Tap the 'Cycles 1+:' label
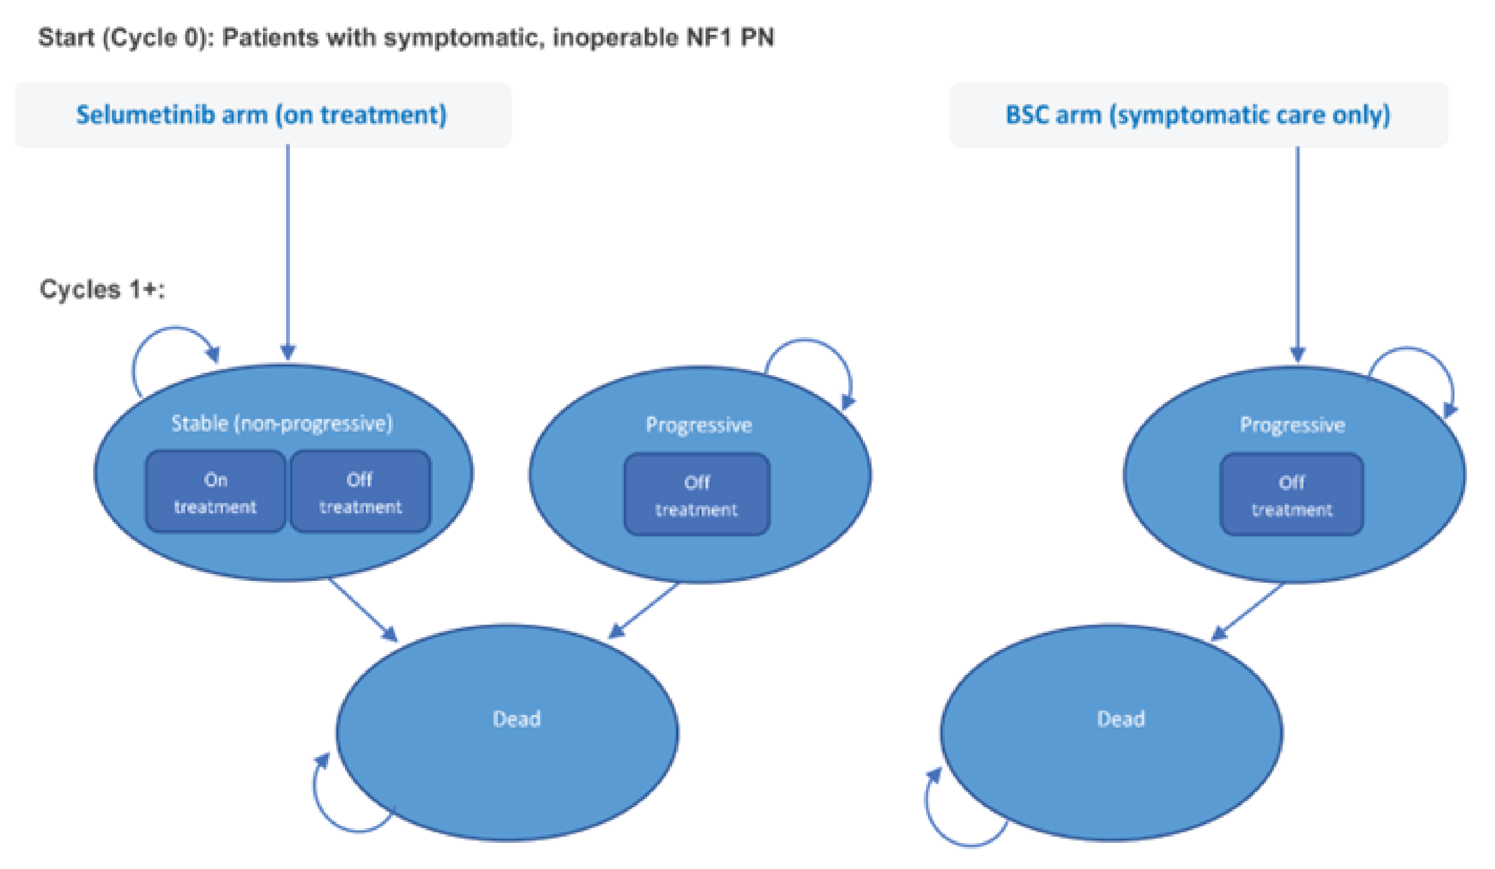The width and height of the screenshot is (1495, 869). (102, 290)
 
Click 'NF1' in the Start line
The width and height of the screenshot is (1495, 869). (709, 37)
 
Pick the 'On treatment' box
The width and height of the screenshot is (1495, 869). (215, 492)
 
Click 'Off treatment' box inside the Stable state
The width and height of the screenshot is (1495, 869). (360, 492)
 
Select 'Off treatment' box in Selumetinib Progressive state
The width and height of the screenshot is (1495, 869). (696, 495)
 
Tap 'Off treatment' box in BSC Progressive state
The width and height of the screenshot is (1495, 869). (1291, 495)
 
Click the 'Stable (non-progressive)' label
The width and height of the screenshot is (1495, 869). (282, 424)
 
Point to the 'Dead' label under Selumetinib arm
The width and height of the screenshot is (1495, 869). (516, 719)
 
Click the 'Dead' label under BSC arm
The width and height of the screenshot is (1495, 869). (1120, 719)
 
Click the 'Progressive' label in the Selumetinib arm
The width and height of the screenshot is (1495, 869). (698, 425)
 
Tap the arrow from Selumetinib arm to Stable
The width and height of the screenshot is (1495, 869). (288, 249)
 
